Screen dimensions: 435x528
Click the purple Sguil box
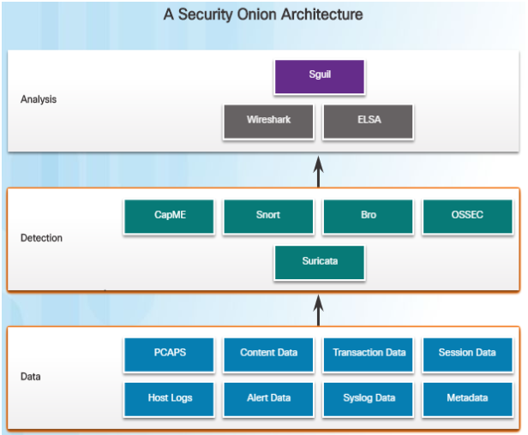[x=320, y=75]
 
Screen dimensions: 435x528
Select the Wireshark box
[x=268, y=121]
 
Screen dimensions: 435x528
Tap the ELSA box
[x=369, y=121]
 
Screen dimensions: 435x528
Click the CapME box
[x=169, y=216]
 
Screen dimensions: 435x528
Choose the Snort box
[x=268, y=216]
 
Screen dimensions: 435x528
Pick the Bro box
[x=369, y=216]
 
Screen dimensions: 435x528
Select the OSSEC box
[x=467, y=216]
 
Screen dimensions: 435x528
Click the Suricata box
[x=320, y=262]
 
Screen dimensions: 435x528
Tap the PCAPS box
[x=169, y=354]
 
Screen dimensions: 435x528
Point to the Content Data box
[x=268, y=354]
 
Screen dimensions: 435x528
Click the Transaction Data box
[x=369, y=354]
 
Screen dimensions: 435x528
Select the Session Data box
[x=467, y=354]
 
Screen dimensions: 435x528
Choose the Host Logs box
[x=169, y=399]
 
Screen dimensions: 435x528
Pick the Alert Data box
[x=268, y=399]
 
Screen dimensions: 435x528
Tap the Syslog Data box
[x=369, y=399]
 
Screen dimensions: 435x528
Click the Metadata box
[x=467, y=399]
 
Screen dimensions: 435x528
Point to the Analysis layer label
[x=39, y=99]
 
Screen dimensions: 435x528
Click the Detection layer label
[x=41, y=238]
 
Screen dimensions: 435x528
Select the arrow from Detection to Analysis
[x=318, y=171]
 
